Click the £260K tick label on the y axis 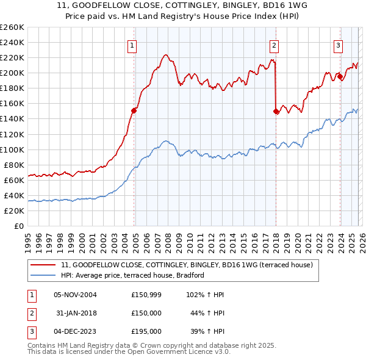pos(12,27)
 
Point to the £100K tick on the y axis pos(12,149)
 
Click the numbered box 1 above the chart pos(132,45)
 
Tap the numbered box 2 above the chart pos(274,45)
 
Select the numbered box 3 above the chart pos(338,45)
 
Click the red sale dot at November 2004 pos(134,110)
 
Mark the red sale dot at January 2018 pos(276,111)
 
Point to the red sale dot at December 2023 pos(339,77)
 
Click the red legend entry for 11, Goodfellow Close pos(187,265)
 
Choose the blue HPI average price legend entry pos(132,275)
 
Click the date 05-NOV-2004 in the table pos(75,295)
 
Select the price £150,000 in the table pos(146,313)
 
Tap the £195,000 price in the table pos(146,331)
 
